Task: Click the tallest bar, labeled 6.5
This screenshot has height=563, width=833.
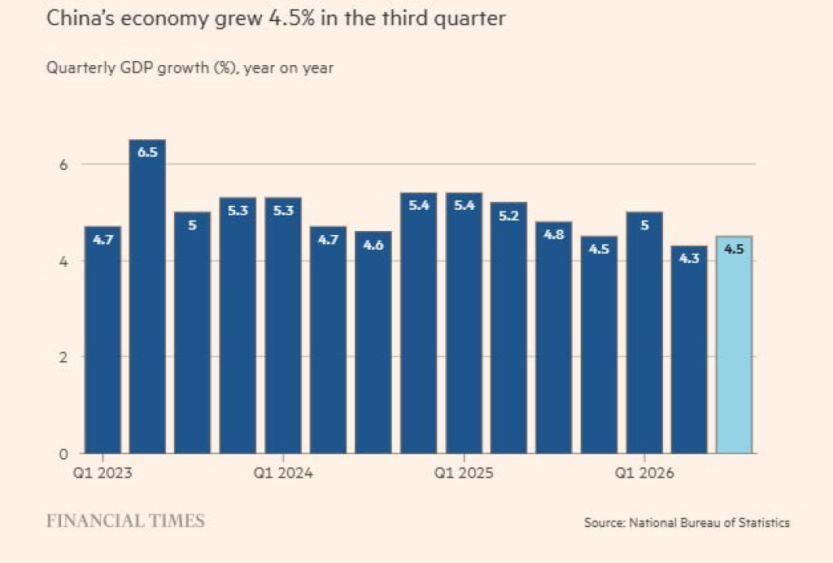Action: [148, 296]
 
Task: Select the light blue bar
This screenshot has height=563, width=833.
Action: [735, 345]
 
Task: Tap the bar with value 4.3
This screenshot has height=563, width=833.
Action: [689, 350]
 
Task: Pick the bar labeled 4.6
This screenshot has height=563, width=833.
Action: [373, 342]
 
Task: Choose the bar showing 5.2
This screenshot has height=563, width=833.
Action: [508, 328]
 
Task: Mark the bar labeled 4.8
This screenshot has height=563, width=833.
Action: [553, 338]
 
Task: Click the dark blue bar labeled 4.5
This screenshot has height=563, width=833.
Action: [599, 345]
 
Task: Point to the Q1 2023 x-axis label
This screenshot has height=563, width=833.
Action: [102, 472]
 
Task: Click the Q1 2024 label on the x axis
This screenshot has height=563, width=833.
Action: [283, 472]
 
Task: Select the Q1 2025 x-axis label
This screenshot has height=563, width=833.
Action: [464, 472]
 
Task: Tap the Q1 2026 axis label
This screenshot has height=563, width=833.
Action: [644, 472]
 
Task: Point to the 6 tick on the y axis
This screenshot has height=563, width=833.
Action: [63, 164]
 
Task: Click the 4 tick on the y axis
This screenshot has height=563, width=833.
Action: [63, 261]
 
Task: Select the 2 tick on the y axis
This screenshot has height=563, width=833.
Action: [63, 357]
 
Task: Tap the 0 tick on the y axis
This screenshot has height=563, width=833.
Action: [63, 454]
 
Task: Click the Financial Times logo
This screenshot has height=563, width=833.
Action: [125, 521]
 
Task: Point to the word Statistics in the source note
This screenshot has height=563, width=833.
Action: [764, 522]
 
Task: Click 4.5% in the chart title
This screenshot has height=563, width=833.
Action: [292, 19]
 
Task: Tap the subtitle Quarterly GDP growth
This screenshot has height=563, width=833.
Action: [128, 68]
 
